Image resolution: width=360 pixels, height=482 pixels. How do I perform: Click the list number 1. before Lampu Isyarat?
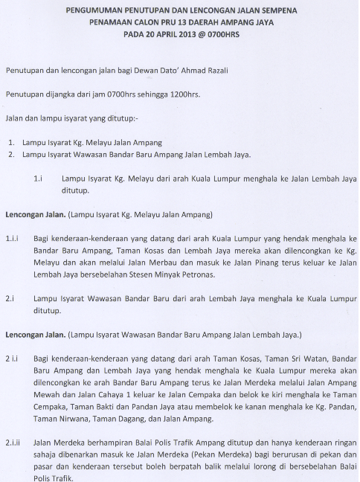[13, 142]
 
